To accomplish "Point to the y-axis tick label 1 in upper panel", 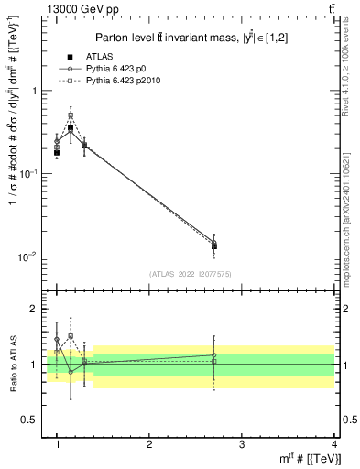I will point(34,92).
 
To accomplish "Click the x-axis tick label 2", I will point(149,444).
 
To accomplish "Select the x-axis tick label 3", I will point(242,444).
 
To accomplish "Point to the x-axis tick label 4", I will point(333,444).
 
